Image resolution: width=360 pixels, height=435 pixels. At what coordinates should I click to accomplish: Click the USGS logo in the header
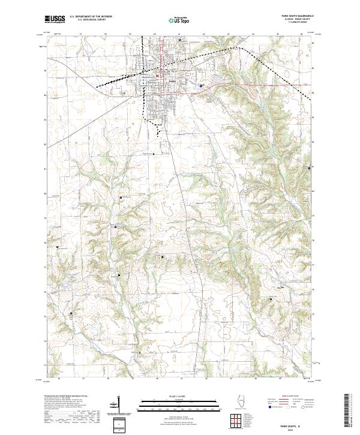click(x=55, y=19)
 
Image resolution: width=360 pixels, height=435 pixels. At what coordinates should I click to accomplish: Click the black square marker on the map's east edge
click(x=310, y=169)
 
